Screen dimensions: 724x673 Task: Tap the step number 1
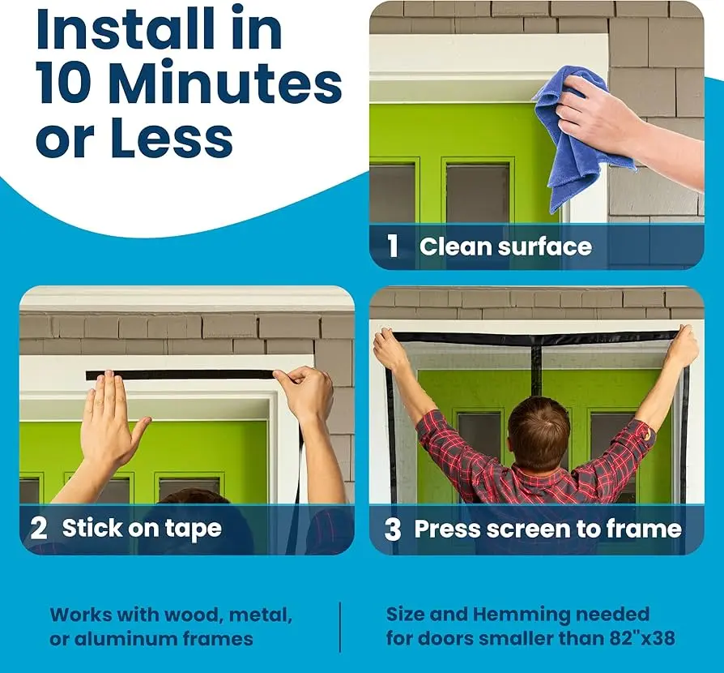click(393, 246)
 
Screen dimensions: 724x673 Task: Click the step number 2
click(38, 529)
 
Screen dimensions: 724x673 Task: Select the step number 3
click(393, 529)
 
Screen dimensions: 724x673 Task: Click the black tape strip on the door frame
click(180, 375)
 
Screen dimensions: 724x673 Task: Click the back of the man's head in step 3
click(539, 432)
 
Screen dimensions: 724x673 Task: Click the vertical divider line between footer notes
click(340, 627)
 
